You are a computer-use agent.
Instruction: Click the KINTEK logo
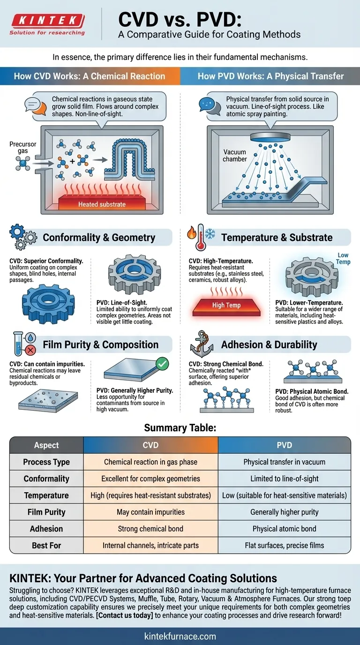pos(47,21)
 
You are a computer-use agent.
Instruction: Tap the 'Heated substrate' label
pos(102,204)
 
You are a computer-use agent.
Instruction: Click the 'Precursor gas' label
pos(22,148)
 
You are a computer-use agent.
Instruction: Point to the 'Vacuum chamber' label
pos(235,155)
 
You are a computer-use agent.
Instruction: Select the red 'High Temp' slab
pos(226,305)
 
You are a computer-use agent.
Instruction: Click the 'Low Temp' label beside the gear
pos(343,258)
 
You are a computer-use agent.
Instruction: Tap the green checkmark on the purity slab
pos(161,363)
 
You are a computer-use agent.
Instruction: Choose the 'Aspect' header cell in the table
pos(46,445)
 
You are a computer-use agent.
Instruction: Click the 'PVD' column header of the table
pos(284,445)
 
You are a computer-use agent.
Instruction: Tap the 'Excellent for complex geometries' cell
pos(150,479)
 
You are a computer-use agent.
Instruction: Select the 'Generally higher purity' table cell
pos(284,512)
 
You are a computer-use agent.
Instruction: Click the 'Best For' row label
pos(46,546)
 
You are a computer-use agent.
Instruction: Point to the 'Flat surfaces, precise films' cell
pos(284,546)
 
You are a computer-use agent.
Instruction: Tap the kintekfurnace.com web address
pos(180,636)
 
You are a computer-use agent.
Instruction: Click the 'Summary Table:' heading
pos(180,427)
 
